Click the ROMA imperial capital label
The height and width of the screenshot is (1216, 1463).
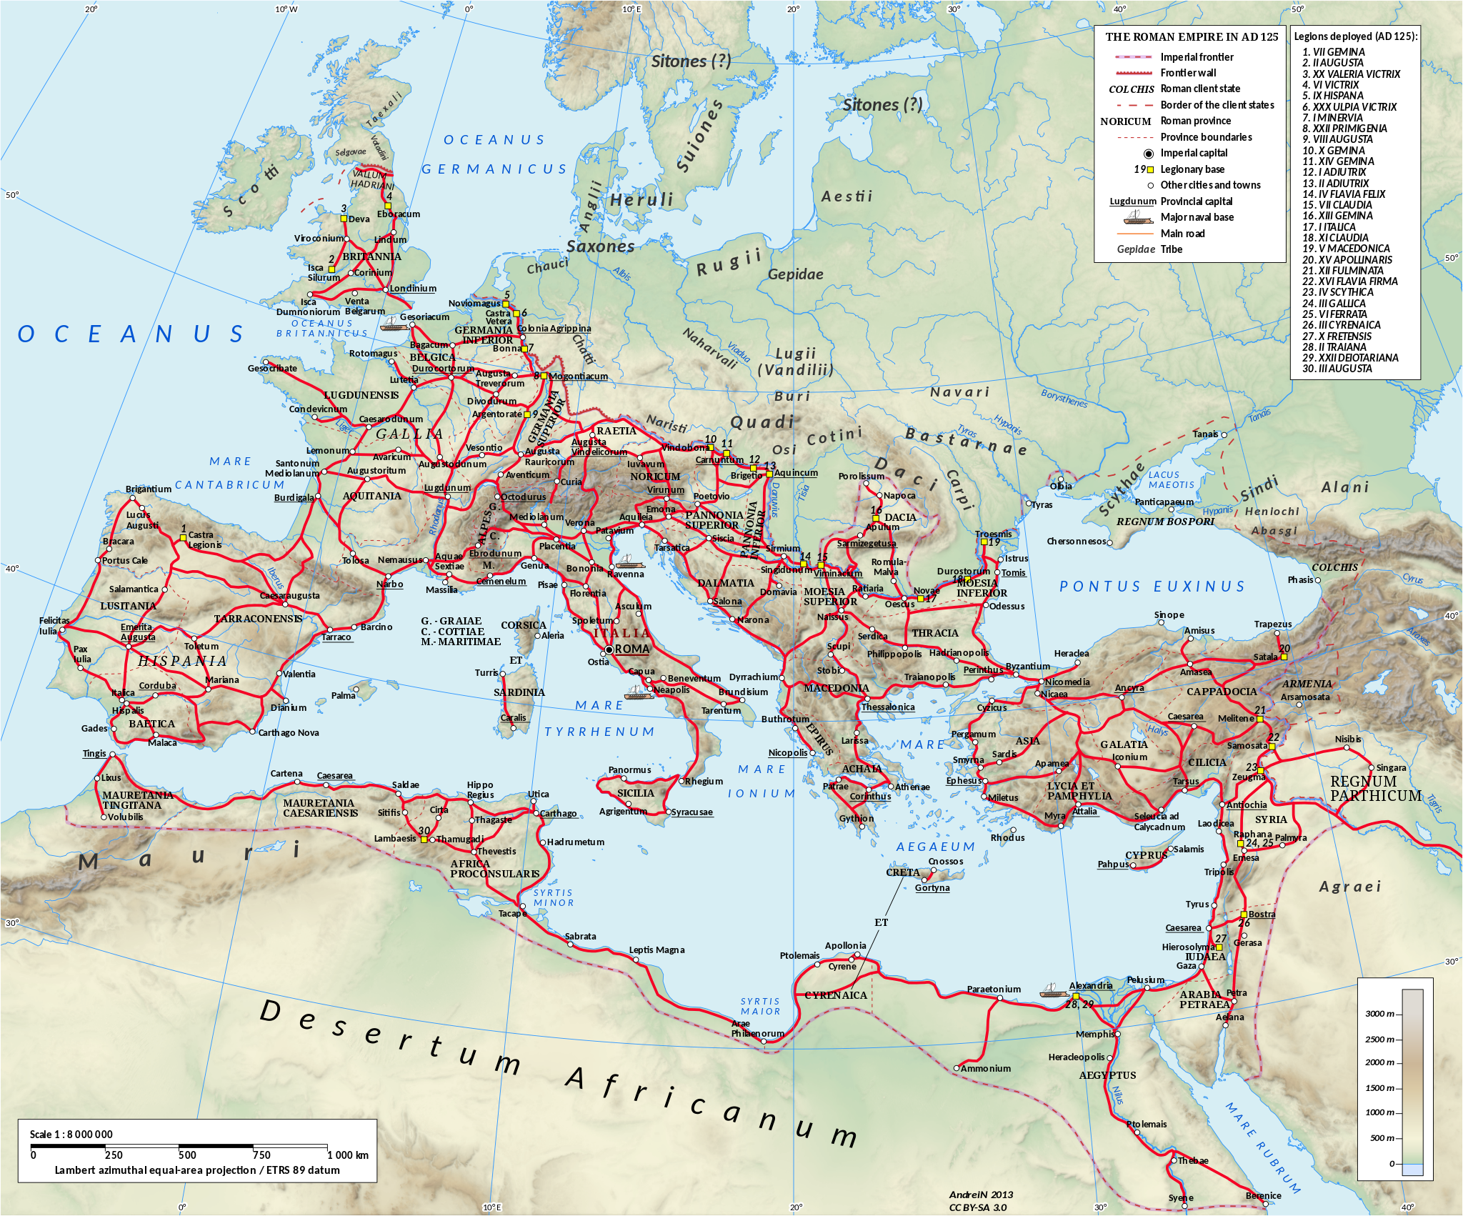tap(632, 649)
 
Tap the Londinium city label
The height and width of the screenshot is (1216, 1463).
tap(413, 289)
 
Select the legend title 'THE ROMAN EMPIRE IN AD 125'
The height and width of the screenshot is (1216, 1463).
tap(1192, 37)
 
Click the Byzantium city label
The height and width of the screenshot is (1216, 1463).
tap(1027, 666)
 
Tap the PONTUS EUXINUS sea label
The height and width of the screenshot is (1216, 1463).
tap(1152, 587)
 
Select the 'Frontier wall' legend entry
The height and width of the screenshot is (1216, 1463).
tap(1188, 73)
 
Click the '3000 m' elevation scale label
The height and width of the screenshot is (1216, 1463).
tap(1379, 1014)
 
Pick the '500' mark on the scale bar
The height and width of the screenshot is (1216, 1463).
tap(187, 1155)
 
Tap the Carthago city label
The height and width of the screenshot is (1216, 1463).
tap(558, 813)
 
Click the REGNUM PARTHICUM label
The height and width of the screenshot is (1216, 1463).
tap(1375, 789)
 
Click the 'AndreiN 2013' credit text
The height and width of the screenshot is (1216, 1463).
tap(981, 1195)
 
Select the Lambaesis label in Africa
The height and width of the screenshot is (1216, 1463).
tap(394, 838)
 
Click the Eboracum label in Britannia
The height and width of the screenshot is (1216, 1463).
tap(399, 214)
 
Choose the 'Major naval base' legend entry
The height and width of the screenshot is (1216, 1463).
tap(1197, 217)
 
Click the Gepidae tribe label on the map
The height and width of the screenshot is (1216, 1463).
tap(795, 274)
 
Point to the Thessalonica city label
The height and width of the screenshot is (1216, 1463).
tap(887, 707)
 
